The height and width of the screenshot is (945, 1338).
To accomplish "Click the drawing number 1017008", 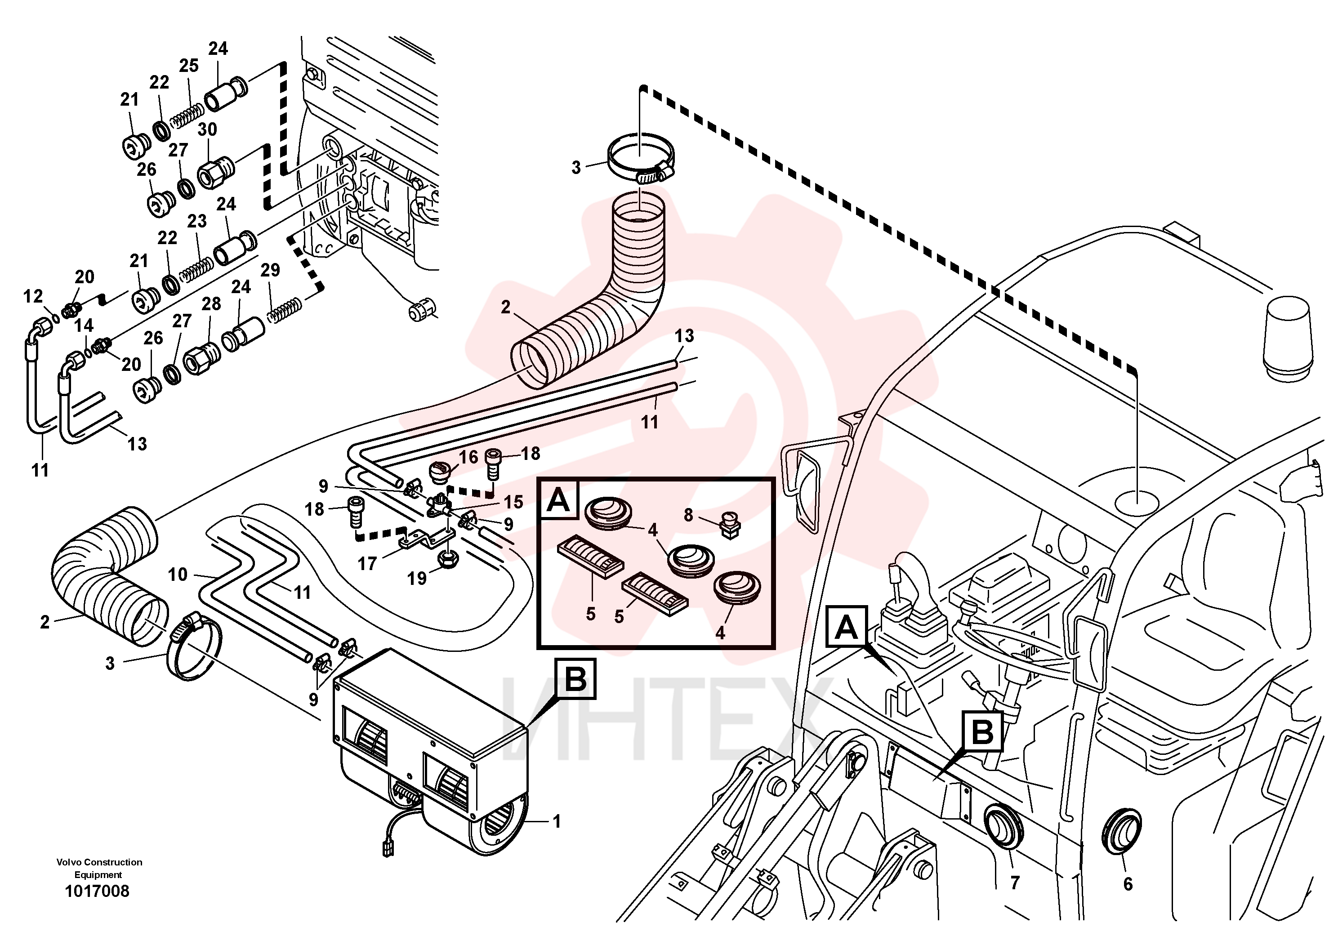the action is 97,892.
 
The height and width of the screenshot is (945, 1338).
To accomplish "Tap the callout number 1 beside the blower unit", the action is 557,821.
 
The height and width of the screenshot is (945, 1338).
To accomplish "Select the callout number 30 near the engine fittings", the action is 207,129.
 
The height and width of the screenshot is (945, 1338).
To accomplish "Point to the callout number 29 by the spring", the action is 270,270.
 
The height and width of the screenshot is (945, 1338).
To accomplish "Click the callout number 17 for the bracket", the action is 367,563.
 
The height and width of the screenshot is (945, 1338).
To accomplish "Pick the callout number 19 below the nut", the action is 417,579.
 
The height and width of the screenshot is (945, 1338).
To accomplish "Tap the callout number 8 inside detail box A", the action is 688,515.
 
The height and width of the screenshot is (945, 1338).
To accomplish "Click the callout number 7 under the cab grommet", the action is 1015,883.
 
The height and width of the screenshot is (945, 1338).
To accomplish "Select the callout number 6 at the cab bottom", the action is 1128,884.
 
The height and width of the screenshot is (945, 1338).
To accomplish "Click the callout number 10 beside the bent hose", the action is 178,575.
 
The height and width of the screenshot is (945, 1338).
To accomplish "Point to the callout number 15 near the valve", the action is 513,502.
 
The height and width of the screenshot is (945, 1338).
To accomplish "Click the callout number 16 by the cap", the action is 468,457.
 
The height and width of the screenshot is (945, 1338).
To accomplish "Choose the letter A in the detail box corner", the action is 558,500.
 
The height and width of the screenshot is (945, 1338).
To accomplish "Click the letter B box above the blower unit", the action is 576,679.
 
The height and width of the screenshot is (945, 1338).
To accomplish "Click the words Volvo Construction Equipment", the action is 99,868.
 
